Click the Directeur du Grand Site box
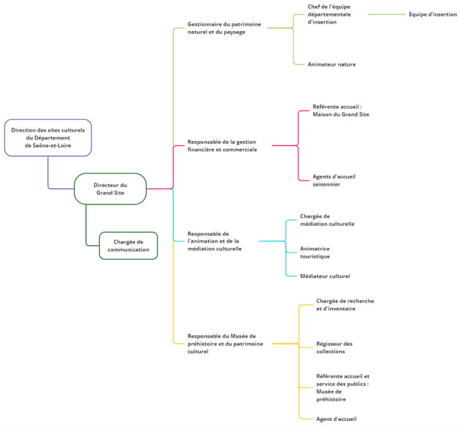[110, 189]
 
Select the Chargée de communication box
[128, 246]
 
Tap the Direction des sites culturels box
[48, 138]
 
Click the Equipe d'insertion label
[433, 14]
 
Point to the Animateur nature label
[332, 65]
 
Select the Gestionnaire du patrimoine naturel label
[225, 28]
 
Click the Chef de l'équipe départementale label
[329, 14]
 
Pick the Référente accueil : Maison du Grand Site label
[340, 111]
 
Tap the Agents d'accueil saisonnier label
[334, 181]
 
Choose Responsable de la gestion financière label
[223, 146]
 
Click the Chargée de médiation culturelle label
[327, 220]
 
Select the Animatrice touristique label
[315, 252]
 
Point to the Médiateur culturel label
[325, 276]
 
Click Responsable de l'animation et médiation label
[215, 241]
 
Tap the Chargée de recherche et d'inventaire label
[345, 304]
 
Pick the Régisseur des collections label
[335, 347]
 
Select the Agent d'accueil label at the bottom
[337, 419]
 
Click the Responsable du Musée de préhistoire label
[225, 343]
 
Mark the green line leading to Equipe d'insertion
[387, 14]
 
